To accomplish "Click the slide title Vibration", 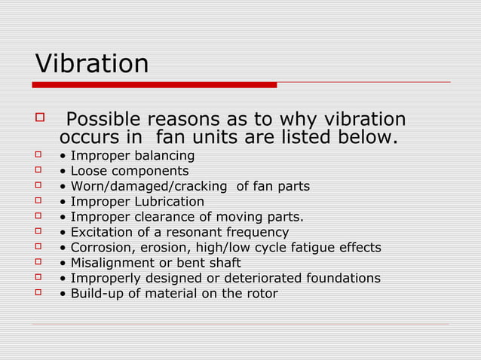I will pos(92,63).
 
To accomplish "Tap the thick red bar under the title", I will pos(155,85).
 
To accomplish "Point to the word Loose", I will pos(89,172).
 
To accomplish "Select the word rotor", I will pos(260,294).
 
